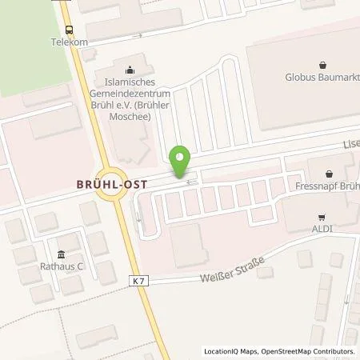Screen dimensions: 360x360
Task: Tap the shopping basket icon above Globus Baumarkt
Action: tap(322, 66)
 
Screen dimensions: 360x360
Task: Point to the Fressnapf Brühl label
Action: tap(330, 186)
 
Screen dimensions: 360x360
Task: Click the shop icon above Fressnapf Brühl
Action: tap(330, 173)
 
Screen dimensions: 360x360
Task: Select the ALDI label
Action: tap(322, 230)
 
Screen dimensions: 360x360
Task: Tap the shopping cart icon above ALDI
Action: tap(322, 217)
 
